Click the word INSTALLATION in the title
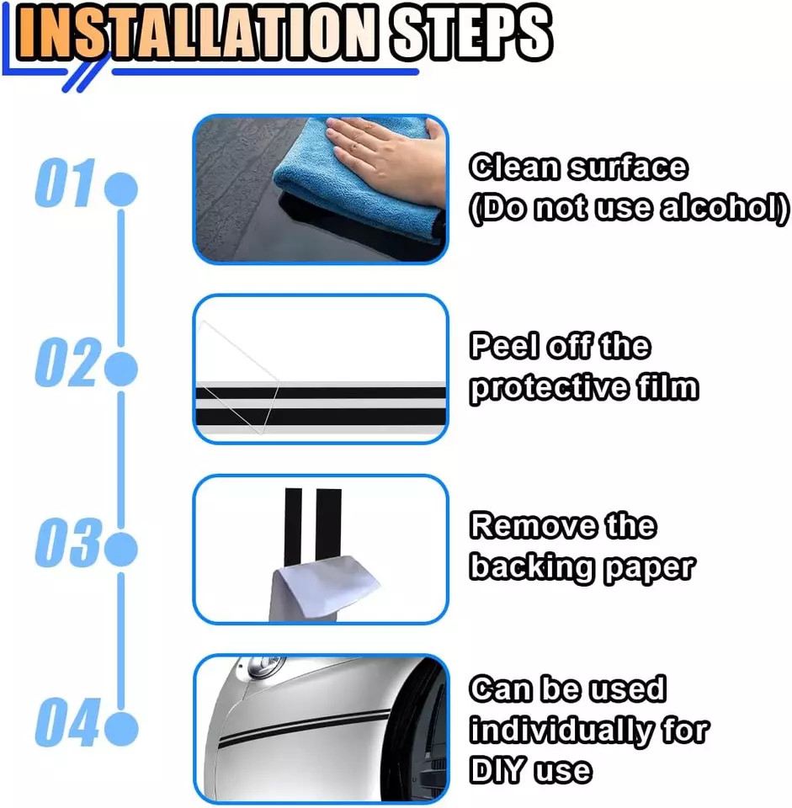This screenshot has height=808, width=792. (x=196, y=33)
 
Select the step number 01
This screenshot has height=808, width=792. (x=66, y=183)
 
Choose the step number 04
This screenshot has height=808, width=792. (x=66, y=722)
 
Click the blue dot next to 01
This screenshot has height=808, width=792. (x=121, y=189)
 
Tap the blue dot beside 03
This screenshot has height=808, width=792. (x=121, y=548)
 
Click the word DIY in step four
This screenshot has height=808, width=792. (x=497, y=771)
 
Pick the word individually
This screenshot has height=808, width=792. (x=561, y=731)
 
